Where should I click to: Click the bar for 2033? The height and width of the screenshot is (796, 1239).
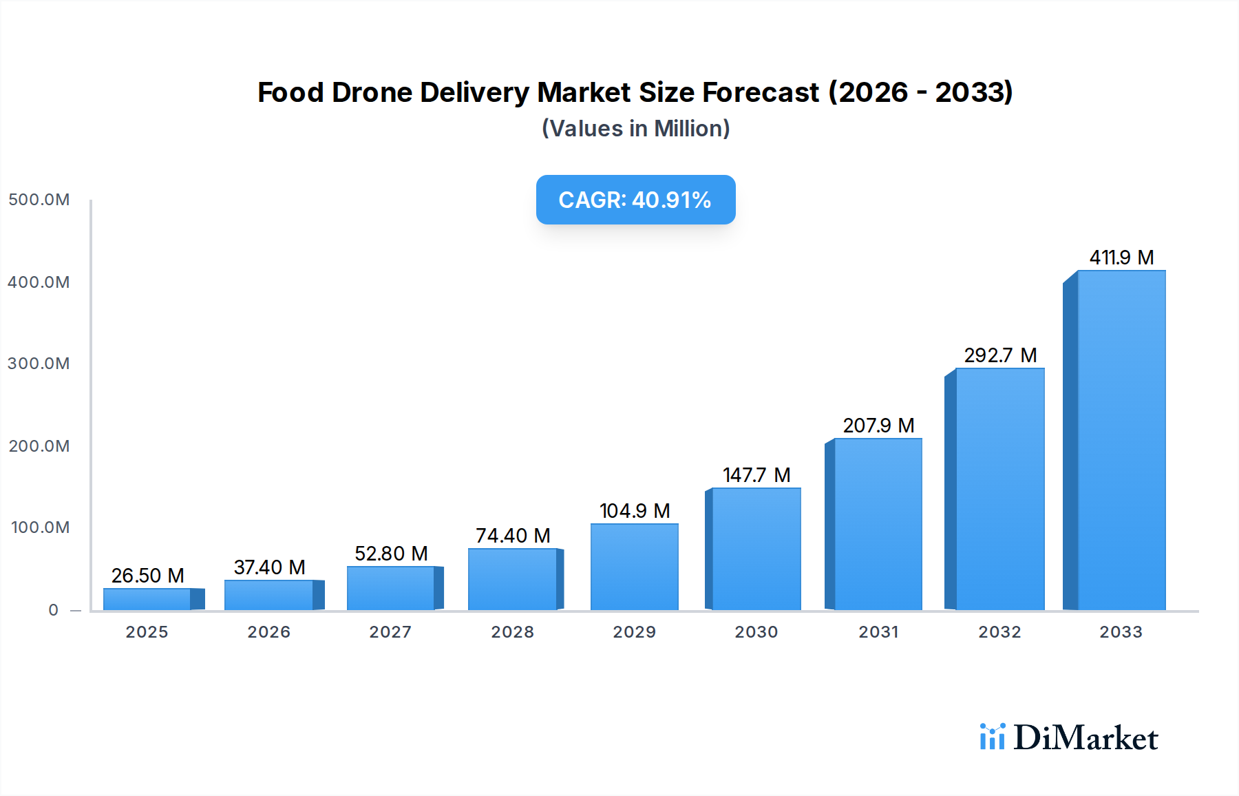pos(1121,441)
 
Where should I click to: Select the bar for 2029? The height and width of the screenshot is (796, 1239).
pos(634,567)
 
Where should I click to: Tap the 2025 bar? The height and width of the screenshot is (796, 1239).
pos(147,599)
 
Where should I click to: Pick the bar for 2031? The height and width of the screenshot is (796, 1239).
pos(878,525)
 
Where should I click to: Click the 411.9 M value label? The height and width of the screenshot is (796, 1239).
pos(1121,258)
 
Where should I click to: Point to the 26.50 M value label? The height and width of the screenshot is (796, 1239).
pos(147,576)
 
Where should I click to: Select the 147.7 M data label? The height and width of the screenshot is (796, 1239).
pos(756,475)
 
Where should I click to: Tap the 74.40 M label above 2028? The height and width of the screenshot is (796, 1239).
pos(513,536)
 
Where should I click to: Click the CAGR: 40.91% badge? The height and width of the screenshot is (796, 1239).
pos(635,200)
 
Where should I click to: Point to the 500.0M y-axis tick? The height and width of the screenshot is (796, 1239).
pos(39,200)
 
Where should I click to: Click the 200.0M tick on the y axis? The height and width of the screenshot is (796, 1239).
pos(39,446)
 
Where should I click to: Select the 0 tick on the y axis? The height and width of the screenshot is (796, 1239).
pos(54,610)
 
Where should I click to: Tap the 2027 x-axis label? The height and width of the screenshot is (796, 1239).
pos(390,632)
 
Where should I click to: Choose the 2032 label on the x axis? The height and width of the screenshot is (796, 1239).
pos(999,632)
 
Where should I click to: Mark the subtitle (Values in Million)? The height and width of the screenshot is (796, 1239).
pos(635,129)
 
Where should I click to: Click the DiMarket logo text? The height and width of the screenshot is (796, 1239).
pos(1086,738)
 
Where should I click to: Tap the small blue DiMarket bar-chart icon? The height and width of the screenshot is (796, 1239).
pos(992,737)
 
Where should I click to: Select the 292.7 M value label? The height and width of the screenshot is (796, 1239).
pos(999,355)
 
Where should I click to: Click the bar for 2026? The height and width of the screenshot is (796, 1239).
pos(269,595)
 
